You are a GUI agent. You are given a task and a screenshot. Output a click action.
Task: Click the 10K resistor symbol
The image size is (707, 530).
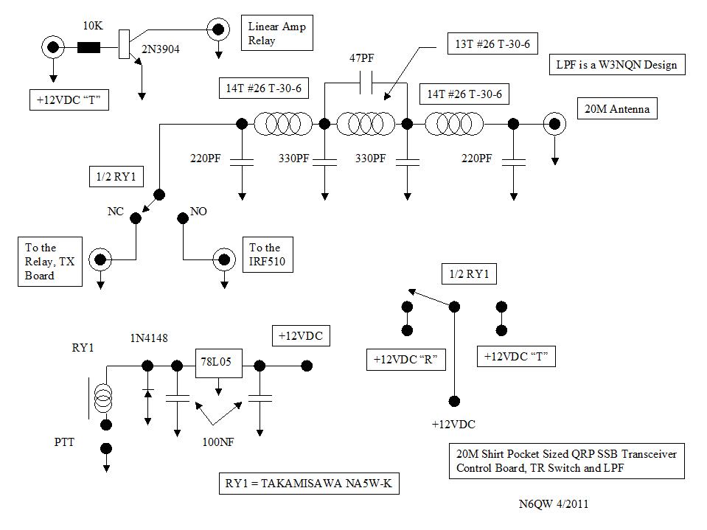pos(89,48)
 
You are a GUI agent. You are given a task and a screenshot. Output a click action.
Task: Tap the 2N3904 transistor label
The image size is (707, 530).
pos(160,49)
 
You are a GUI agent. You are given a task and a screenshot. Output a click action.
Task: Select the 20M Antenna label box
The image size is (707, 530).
pos(618,110)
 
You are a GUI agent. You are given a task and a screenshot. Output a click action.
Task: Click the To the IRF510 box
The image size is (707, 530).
pos(268,254)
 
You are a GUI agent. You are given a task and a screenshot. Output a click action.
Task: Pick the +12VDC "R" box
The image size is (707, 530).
pos(406,360)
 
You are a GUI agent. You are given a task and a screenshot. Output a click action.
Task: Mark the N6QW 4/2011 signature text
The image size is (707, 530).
pos(554,505)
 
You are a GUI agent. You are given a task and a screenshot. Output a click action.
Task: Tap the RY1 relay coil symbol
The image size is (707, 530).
pos(105,400)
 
